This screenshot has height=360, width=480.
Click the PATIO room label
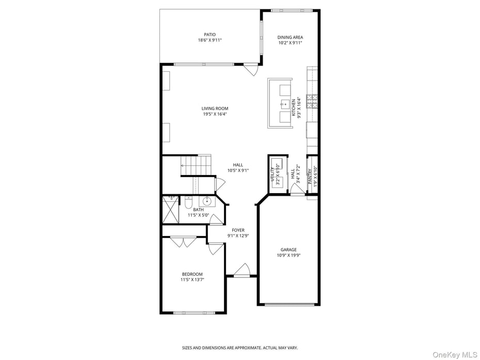tap(209, 35)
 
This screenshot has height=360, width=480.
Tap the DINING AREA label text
tap(290, 37)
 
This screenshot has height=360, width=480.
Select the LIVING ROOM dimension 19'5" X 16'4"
tap(215, 114)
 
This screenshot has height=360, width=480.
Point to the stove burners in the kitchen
tap(312, 101)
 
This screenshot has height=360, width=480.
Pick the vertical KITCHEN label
tap(294, 107)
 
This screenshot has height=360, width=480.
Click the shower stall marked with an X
tap(170, 210)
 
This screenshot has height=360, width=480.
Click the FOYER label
tap(238, 230)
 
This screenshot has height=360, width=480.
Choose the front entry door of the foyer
tap(242, 271)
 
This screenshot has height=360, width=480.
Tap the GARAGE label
tap(289, 249)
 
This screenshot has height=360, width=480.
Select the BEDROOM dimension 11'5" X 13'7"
tap(192, 280)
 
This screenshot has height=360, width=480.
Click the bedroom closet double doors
tap(183, 241)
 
